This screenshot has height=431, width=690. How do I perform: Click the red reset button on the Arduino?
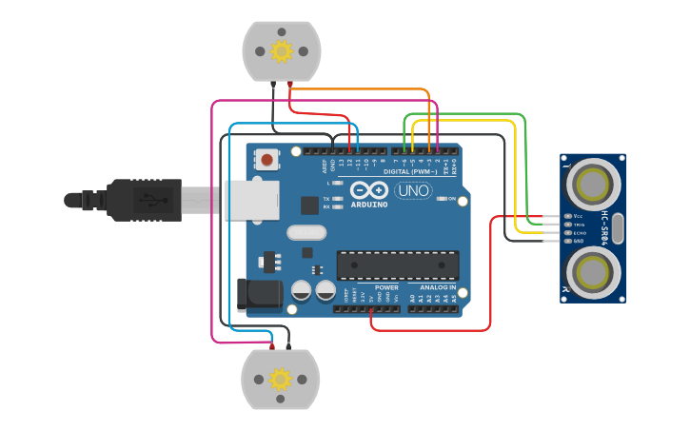point(267,160)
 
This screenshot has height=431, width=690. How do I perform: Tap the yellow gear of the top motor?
point(282,50)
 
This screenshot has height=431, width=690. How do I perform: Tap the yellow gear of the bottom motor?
point(280,379)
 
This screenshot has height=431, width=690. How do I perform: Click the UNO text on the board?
point(414,191)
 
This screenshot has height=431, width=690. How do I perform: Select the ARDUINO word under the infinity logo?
point(369,204)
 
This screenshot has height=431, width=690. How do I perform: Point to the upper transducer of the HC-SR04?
point(594,181)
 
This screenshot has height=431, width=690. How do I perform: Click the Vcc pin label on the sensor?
point(578,216)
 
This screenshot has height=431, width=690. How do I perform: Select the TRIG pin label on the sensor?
point(579,225)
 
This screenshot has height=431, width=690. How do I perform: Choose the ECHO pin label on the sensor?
point(579,232)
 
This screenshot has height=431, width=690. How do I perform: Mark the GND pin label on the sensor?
point(579,241)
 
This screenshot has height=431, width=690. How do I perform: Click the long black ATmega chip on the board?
point(398,264)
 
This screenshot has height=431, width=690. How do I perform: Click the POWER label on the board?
point(386,286)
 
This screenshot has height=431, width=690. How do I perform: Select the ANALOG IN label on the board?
point(432,286)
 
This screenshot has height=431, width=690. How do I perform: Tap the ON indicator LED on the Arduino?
point(463,199)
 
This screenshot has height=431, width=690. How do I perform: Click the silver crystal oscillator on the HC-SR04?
point(618,227)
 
